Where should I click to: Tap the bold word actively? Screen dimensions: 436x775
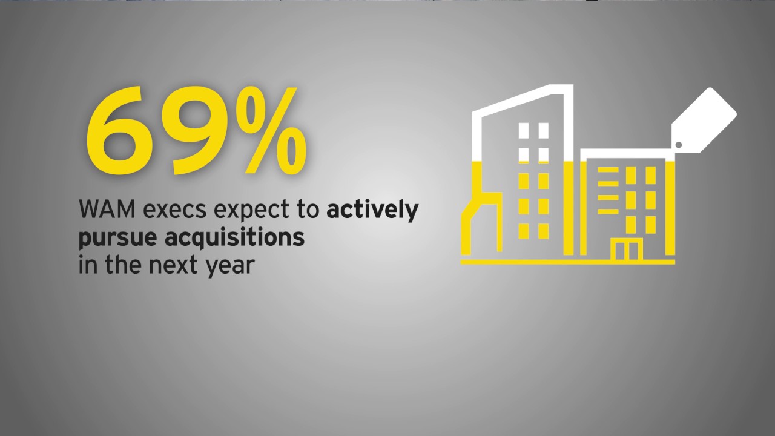[372, 211]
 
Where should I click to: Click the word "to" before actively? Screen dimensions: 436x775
[309, 211]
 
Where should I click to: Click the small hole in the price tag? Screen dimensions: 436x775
[679, 144]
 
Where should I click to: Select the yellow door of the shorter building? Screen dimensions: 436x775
[626, 250]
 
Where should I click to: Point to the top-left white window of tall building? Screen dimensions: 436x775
[524, 131]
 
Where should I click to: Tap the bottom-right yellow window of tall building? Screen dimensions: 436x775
[542, 231]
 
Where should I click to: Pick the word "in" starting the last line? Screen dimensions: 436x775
[85, 265]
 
